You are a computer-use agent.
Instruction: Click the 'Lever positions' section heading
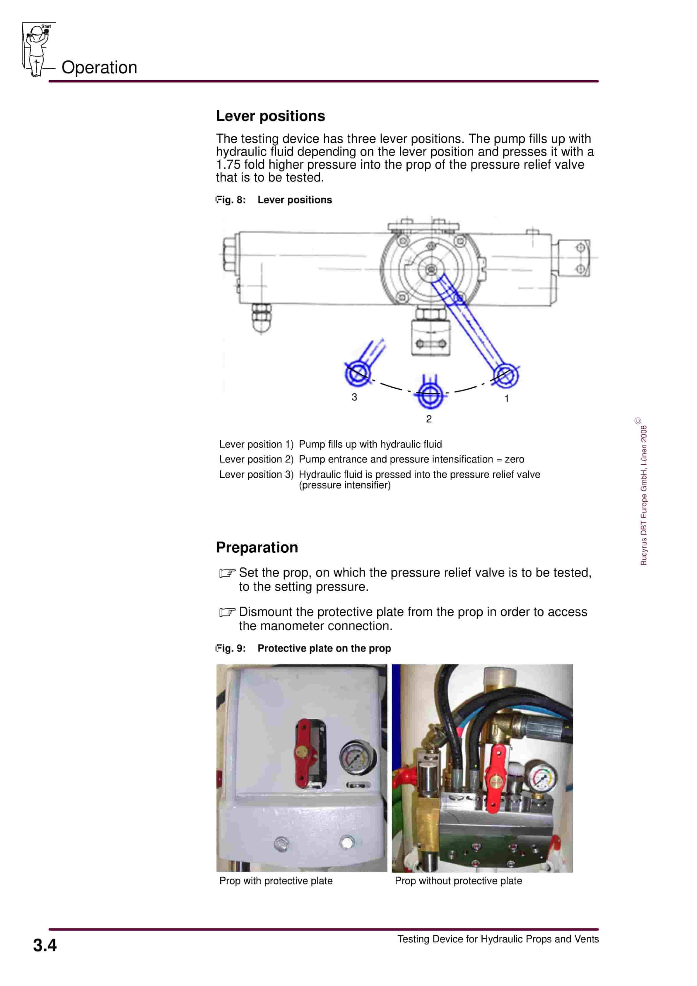coord(270,116)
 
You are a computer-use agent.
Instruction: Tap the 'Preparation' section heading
coord(257,547)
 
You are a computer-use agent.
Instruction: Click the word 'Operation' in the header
coord(99,67)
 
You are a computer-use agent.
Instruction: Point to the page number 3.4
coord(45,945)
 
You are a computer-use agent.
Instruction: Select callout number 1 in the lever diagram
coord(506,398)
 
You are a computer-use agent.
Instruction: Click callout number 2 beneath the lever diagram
coord(428,419)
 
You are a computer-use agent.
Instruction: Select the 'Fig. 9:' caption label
coord(231,648)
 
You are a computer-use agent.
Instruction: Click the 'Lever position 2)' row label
coord(256,459)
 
